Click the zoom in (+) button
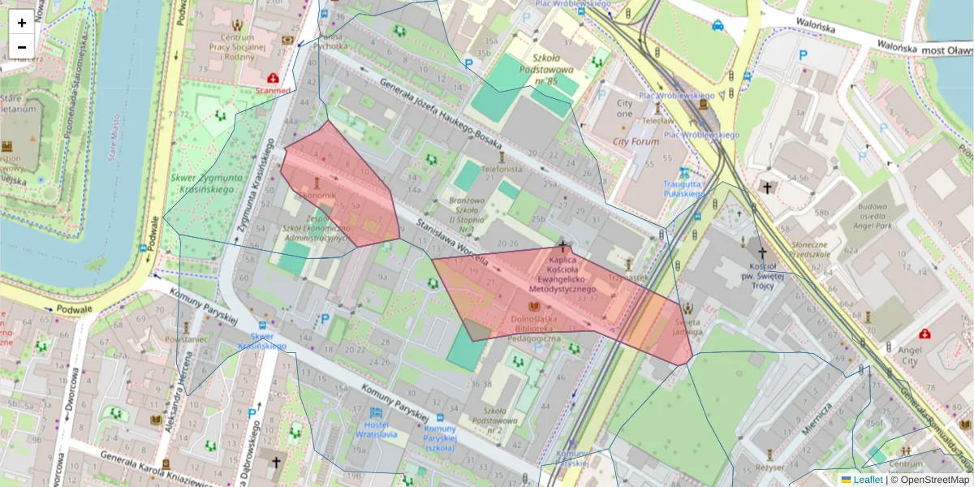[x=22, y=23]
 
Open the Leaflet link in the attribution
[x=868, y=480]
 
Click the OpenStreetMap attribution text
[x=936, y=480]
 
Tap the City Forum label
[x=636, y=141]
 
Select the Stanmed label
[x=272, y=90]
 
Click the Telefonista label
[x=502, y=170]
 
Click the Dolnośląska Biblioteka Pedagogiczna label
[x=534, y=328]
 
